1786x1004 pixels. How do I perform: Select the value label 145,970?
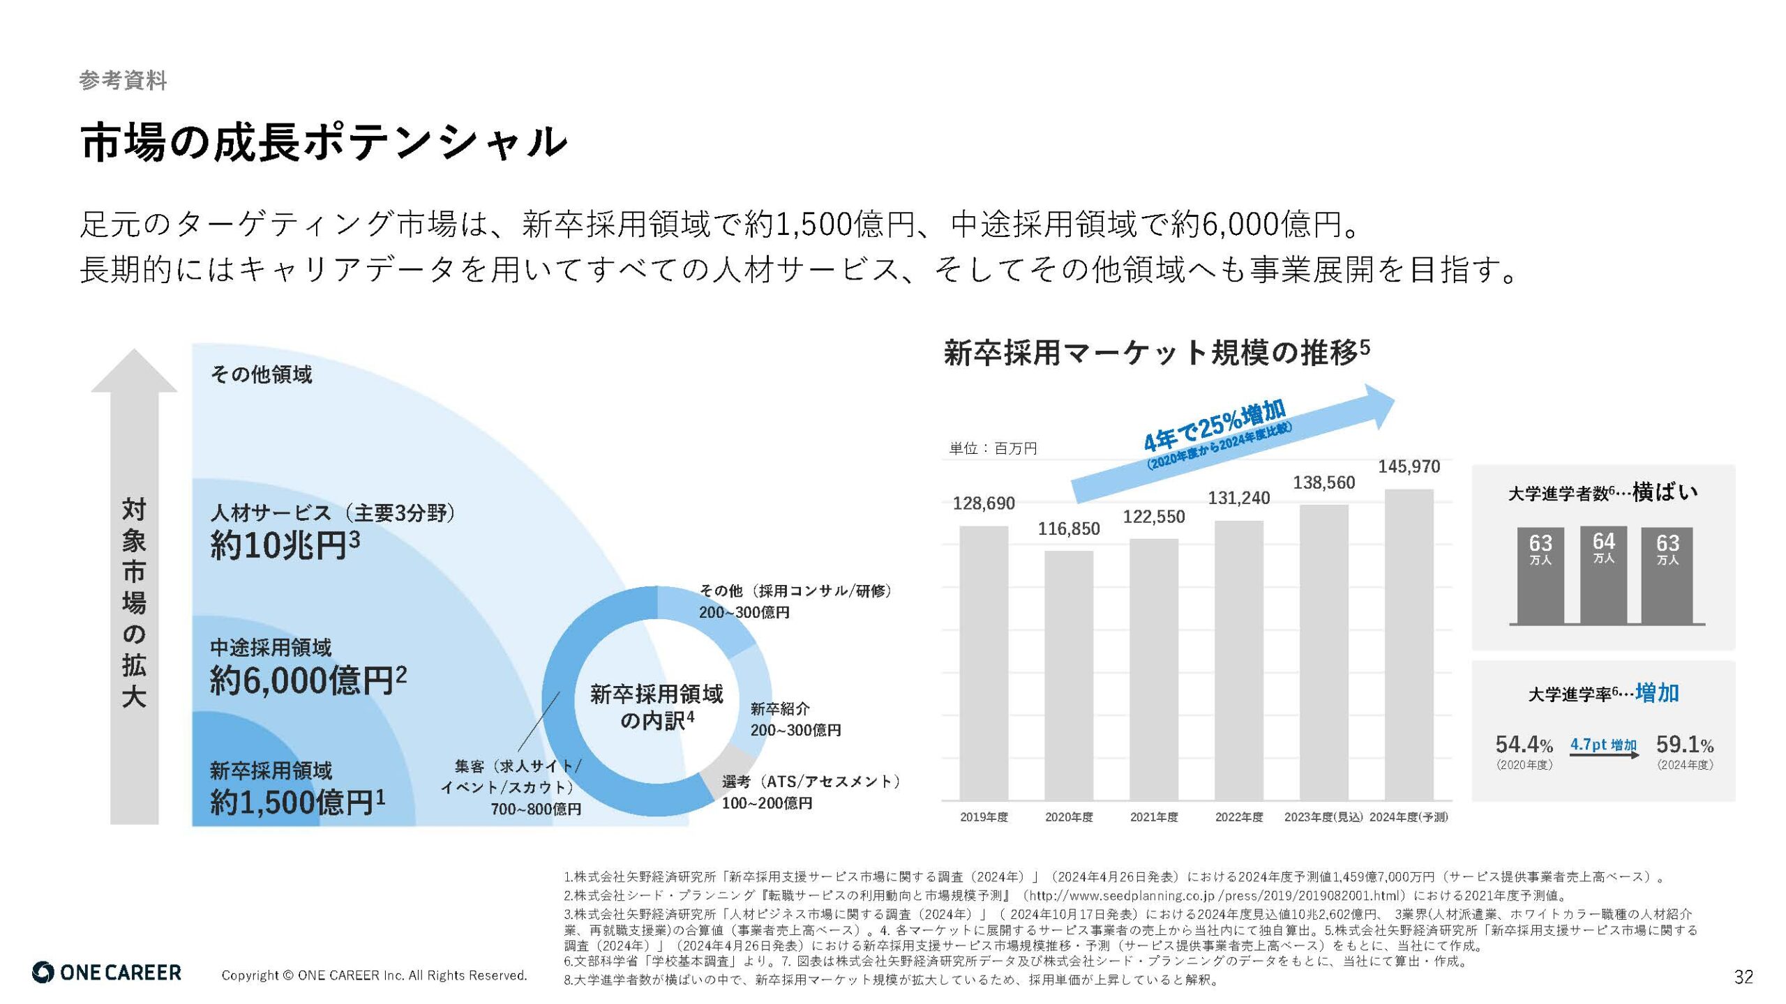(1409, 466)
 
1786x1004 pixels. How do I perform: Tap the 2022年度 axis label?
(1238, 817)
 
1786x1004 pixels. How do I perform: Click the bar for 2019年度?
(984, 662)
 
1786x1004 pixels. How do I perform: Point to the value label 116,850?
(1068, 528)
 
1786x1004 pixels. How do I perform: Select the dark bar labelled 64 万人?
(1603, 575)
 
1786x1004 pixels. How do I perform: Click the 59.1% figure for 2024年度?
(1684, 745)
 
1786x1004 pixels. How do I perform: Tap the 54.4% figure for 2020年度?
(1524, 745)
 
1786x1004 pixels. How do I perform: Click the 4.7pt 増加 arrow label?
(1603, 745)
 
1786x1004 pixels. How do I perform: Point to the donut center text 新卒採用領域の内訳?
(656, 706)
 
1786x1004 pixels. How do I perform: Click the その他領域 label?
(261, 374)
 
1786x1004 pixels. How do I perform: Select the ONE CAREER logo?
(107, 973)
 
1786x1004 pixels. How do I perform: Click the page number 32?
(1743, 977)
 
